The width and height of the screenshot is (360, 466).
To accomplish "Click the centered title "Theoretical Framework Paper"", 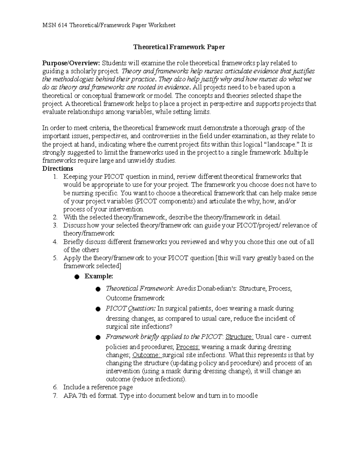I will tap(179, 47).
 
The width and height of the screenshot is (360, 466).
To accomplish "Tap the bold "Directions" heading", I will tap(58, 168).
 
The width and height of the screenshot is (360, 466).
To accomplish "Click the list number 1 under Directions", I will tap(55, 177).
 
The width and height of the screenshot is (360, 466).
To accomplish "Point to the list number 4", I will tap(55, 242).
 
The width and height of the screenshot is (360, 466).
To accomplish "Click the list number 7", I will tap(55, 395).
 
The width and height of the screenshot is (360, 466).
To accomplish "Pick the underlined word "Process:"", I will tap(188, 347).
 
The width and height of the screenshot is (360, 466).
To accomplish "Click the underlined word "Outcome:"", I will tap(147, 355).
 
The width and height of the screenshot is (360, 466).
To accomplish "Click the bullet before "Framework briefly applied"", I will tap(98, 338).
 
